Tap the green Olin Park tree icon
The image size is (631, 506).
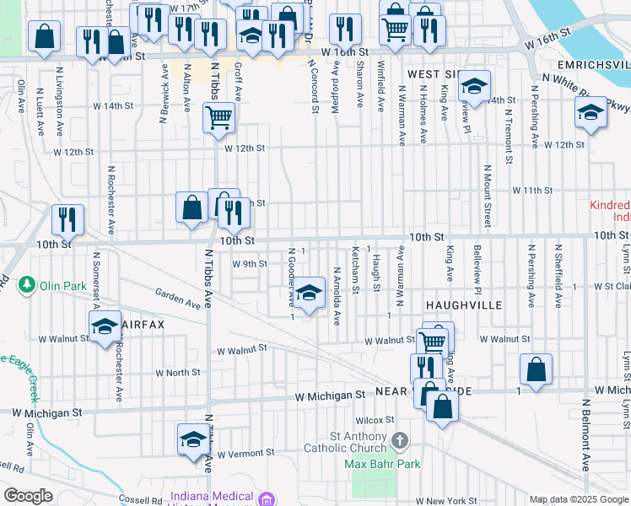[x=28, y=285]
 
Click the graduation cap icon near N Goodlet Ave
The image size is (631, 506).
[x=310, y=293]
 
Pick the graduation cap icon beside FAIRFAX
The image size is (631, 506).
[x=105, y=327]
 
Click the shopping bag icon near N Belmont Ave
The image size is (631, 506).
[x=536, y=369]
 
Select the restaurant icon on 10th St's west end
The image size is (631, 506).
[x=67, y=220]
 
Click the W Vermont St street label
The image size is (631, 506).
[x=240, y=454]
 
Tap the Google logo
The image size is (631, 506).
[x=28, y=496]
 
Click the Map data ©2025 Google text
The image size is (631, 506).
[x=578, y=499]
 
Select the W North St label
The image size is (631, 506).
[x=177, y=372]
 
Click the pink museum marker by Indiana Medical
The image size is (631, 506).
[x=267, y=499]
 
